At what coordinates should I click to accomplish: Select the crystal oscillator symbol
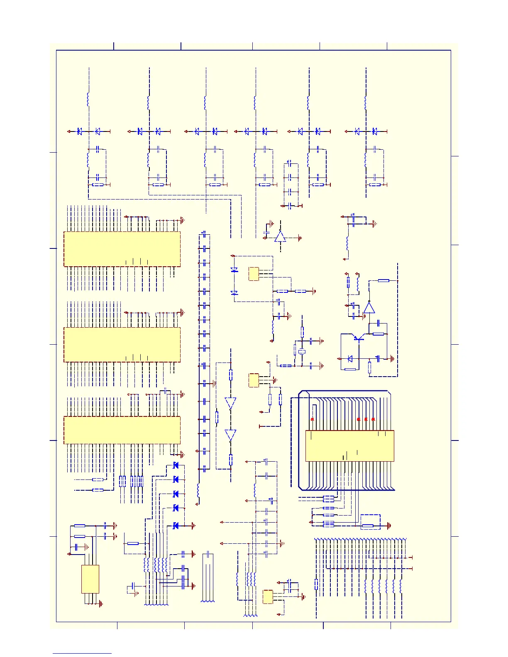(x=302, y=352)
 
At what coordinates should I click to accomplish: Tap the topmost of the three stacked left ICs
(x=122, y=249)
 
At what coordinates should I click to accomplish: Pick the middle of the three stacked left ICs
(x=122, y=345)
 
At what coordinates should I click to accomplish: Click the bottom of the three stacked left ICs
(x=122, y=430)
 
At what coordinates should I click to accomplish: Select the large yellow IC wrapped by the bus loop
(x=349, y=446)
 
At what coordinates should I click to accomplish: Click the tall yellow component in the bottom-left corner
(x=90, y=579)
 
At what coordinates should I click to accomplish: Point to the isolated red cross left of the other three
(x=313, y=419)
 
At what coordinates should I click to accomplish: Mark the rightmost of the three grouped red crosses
(x=373, y=419)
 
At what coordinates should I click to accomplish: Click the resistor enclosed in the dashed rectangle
(x=368, y=526)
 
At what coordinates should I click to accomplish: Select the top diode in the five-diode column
(x=176, y=466)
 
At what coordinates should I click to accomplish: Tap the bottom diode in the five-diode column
(x=176, y=526)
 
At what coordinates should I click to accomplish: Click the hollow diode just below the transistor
(x=350, y=359)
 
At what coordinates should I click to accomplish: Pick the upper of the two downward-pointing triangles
(x=231, y=403)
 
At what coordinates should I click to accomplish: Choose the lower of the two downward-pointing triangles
(x=231, y=436)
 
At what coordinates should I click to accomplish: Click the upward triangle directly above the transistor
(x=369, y=308)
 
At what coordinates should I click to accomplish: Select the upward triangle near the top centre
(x=280, y=236)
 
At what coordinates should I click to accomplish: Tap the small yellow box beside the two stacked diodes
(x=254, y=274)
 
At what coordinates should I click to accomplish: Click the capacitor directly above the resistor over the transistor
(x=378, y=323)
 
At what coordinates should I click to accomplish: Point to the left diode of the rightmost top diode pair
(x=357, y=131)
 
